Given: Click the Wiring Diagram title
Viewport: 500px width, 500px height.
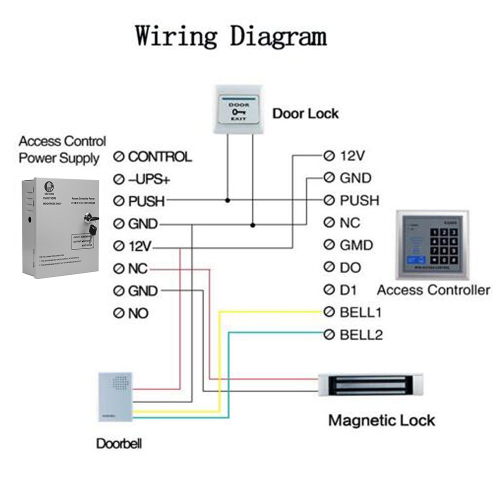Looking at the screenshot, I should pyautogui.click(x=231, y=36).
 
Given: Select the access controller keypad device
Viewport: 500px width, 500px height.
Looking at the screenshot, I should pyautogui.click(x=433, y=244).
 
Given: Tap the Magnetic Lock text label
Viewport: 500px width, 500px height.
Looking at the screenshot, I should pyautogui.click(x=381, y=420).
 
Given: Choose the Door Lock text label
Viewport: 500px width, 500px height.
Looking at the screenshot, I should pyautogui.click(x=305, y=113).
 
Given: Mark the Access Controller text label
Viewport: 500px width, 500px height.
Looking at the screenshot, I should pyautogui.click(x=433, y=290).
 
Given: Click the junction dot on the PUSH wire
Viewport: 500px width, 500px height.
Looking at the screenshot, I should pyautogui.click(x=228, y=200).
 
